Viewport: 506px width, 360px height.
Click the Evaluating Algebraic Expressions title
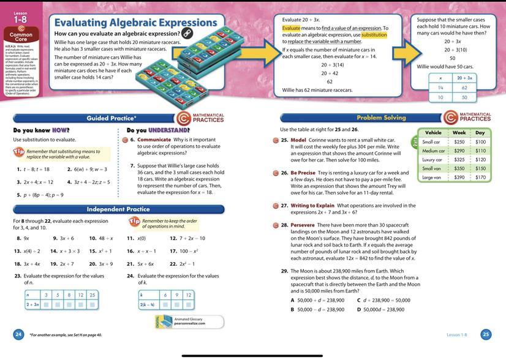[x=127, y=23]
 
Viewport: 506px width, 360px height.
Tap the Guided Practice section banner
[x=111, y=118]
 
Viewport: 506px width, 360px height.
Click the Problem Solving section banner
[x=381, y=118]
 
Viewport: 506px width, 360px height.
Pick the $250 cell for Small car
[x=459, y=142]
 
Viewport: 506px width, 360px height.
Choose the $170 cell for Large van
[x=480, y=178]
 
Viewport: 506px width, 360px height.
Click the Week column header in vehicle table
[x=459, y=132]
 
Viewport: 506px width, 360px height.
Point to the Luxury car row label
[x=432, y=160]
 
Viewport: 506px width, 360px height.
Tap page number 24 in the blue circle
[x=18, y=334]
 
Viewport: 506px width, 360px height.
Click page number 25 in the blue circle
[x=486, y=334]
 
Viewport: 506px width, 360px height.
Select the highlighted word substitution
[x=374, y=35]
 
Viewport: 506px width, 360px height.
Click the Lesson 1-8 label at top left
[x=21, y=17]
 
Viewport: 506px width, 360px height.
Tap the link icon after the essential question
[x=187, y=34]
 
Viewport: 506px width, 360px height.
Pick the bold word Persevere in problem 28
[x=303, y=225]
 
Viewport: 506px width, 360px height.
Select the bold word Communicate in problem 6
[x=155, y=140]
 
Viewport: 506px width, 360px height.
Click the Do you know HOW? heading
[x=41, y=130]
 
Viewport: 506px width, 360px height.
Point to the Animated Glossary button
[x=189, y=321]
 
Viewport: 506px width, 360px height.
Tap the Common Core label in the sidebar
[x=21, y=35]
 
